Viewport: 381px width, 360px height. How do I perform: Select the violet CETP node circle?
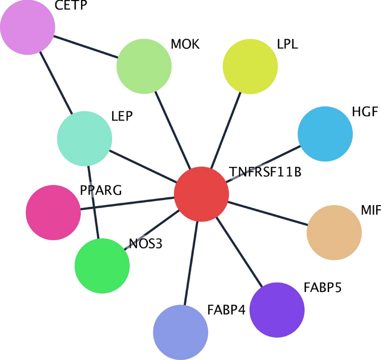tap(27, 27)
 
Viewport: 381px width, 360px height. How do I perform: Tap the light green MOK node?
tap(144, 67)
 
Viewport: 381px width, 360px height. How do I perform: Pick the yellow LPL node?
tap(250, 67)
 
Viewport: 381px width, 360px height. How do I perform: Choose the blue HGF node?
tap(325, 134)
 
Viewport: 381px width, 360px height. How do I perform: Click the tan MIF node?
tap(334, 233)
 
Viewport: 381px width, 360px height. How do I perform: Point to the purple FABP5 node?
tap(277, 311)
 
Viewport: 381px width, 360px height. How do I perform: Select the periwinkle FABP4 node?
tap(181, 332)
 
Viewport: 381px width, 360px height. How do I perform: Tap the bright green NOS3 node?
tap(102, 266)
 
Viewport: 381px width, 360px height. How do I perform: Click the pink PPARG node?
tap(54, 213)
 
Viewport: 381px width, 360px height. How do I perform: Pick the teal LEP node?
tap(85, 138)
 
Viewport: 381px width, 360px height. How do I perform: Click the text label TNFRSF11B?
tap(265, 173)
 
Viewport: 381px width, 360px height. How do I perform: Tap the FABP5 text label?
tap(322, 288)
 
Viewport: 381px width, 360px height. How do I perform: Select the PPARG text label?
tap(101, 191)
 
